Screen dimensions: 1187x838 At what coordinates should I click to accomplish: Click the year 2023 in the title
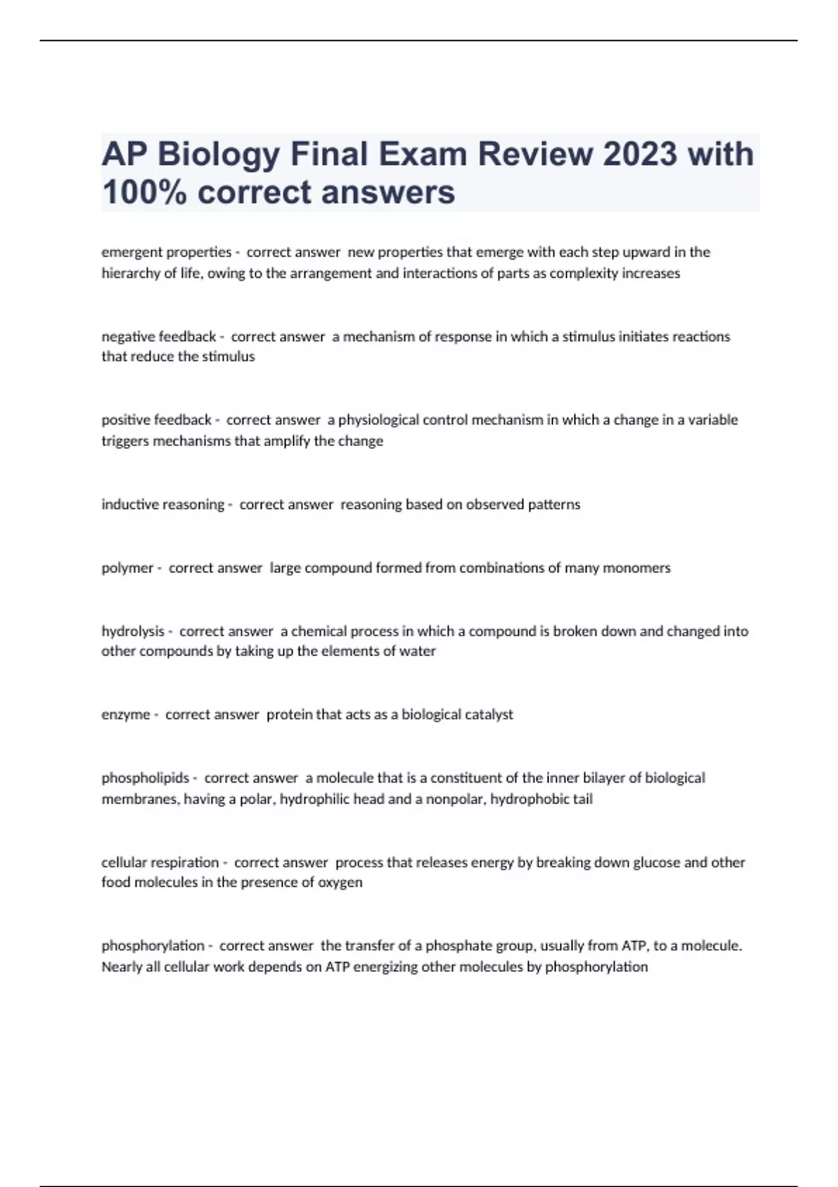coord(640,154)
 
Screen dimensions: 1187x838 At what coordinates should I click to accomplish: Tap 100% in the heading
coord(144,192)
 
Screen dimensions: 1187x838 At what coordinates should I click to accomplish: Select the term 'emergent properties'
coord(166,252)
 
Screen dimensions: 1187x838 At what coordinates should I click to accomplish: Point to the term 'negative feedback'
coord(159,337)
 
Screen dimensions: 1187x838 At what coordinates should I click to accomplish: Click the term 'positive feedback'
coord(156,420)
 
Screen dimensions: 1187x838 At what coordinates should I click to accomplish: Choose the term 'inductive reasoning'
coord(163,504)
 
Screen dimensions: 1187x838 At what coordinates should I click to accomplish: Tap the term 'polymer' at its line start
coord(127,568)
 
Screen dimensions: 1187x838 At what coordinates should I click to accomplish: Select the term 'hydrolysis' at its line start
coord(133,631)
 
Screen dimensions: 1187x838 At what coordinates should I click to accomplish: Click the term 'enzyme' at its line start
coord(126,714)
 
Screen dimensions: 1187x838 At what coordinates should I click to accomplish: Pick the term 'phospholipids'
coord(145,778)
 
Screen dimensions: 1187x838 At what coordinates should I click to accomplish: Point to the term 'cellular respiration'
coord(160,862)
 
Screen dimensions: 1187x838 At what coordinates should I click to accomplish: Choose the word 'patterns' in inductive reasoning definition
coord(553,504)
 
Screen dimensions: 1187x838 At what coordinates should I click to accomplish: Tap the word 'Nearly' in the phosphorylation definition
coord(121,967)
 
